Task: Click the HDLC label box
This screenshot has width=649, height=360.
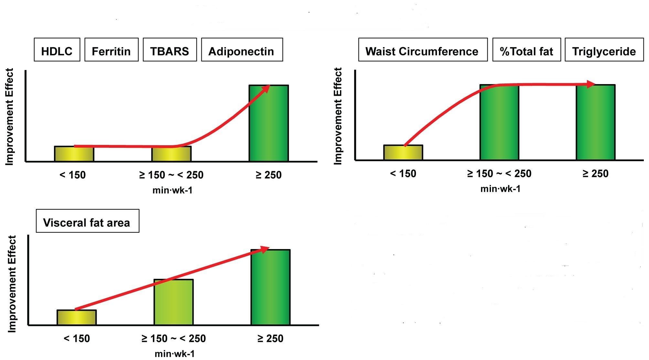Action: click(57, 50)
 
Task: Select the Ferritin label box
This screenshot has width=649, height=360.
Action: click(111, 50)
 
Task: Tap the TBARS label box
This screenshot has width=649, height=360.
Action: click(170, 50)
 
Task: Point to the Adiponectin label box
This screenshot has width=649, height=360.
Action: click(242, 50)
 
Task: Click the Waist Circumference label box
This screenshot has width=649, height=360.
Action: click(422, 50)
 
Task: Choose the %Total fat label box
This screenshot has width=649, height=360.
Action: click(527, 50)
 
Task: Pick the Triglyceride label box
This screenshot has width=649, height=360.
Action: click(604, 50)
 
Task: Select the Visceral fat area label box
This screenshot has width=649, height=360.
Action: click(87, 221)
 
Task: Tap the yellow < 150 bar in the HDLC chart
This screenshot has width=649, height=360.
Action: click(74, 154)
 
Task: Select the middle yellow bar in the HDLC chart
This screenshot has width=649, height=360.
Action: click(171, 155)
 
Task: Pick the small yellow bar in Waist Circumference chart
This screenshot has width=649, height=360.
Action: click(403, 153)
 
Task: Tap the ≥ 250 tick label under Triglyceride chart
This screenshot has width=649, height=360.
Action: click(595, 174)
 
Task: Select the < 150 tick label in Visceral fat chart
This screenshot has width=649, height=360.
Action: click(77, 339)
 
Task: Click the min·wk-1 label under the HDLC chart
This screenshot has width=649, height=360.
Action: click(172, 190)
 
